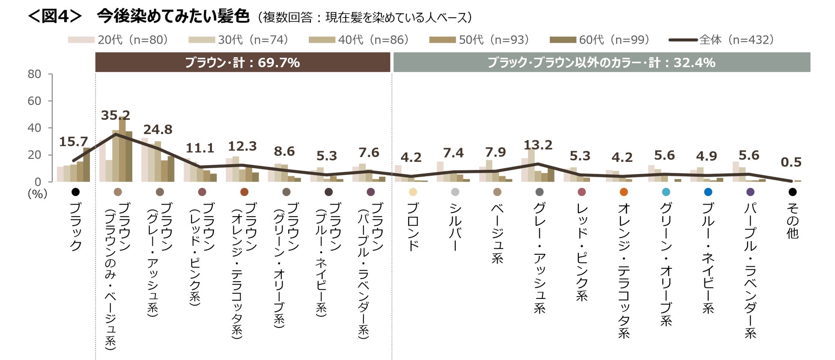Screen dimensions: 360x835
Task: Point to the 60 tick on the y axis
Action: pos(34,101)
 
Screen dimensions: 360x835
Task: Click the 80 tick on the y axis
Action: pos(34,74)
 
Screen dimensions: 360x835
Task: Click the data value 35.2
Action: pos(115,115)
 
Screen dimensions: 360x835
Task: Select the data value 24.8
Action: pos(158,129)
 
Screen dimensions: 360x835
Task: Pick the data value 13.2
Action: pos(538,145)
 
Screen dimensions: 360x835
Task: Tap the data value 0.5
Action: pos(791,162)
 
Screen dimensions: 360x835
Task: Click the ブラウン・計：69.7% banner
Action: pos(242,62)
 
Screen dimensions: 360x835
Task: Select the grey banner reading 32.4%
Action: pos(601,62)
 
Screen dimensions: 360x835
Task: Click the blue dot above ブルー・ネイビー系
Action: pos(708,192)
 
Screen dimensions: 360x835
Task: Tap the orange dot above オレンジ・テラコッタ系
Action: pos(623,192)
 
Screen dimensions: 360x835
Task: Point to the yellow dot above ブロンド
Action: pos(413,192)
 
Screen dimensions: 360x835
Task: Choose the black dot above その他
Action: pos(792,192)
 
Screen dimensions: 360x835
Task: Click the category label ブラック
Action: pos(76,226)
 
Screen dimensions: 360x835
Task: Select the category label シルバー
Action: pos(455,226)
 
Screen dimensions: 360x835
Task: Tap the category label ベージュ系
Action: pos(497,233)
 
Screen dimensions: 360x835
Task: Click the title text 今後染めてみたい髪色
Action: pos(173,16)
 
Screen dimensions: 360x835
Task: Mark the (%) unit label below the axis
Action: pos(37,194)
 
